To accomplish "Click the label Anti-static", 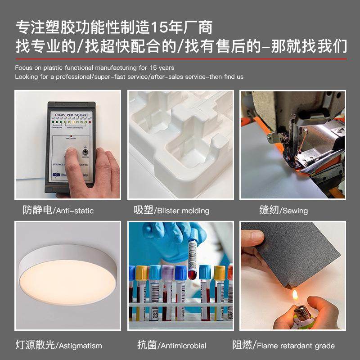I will click(75, 211).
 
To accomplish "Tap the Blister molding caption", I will click(183, 211).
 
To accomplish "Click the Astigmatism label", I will click(81, 346).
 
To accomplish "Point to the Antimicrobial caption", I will click(184, 346).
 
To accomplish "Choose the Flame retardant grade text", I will click(296, 346).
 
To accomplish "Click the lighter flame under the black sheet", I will click(295, 295).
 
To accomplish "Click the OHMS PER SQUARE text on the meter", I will click(72, 116).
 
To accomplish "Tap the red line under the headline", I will click(180, 58).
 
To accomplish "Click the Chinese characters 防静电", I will click(37, 210).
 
